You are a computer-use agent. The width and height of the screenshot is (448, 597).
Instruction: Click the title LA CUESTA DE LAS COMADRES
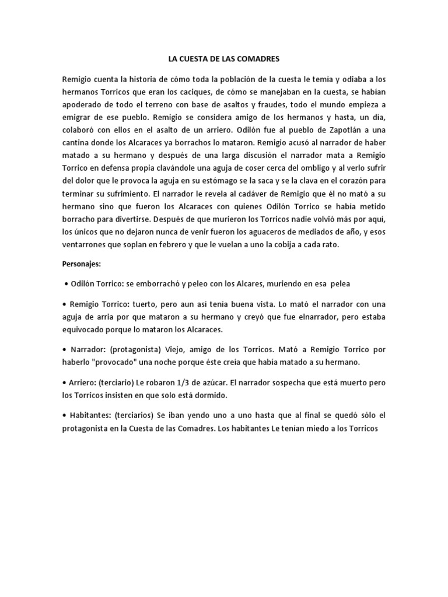(224, 59)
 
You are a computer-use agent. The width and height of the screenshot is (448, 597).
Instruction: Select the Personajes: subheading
(82, 264)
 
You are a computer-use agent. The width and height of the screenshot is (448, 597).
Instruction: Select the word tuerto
(153, 304)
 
